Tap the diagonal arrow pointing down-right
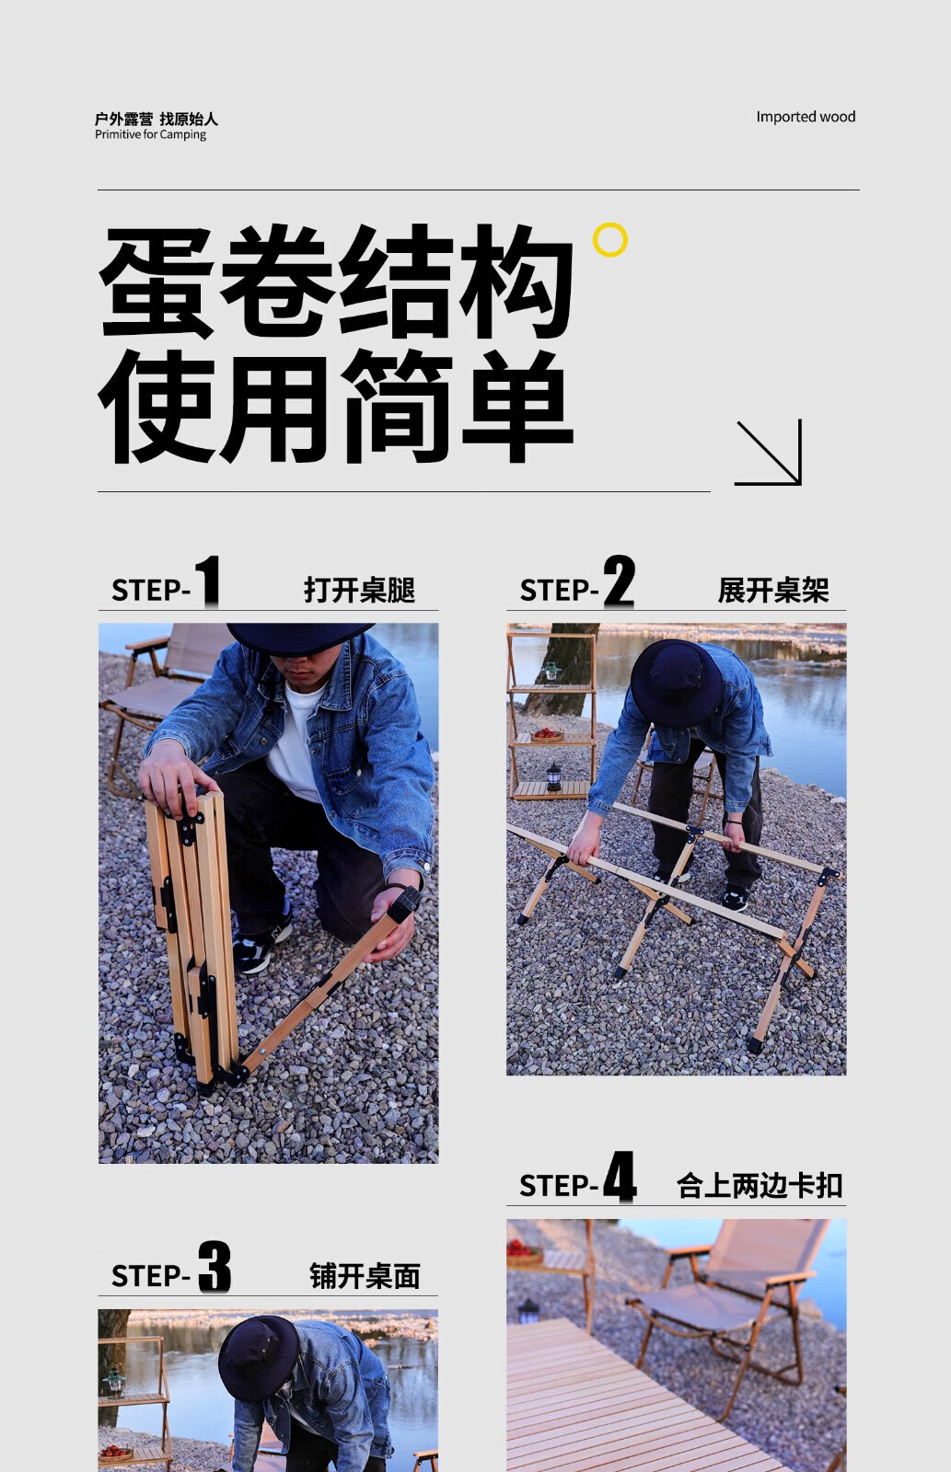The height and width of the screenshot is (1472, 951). click(x=768, y=453)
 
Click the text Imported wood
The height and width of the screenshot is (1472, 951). click(x=806, y=117)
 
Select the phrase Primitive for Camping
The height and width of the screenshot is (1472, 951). click(x=151, y=134)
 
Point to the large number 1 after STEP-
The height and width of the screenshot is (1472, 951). click(x=208, y=581)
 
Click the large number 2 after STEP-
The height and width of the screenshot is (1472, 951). click(x=619, y=581)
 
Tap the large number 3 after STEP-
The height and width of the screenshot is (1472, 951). click(x=215, y=1266)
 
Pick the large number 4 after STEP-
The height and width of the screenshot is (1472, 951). click(x=620, y=1177)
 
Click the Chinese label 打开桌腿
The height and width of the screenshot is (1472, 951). click(x=359, y=590)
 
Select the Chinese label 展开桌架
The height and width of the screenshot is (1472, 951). click(x=773, y=590)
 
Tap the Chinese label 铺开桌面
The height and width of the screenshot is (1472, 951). click(x=365, y=1276)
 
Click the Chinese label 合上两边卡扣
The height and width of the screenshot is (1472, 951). click(x=760, y=1186)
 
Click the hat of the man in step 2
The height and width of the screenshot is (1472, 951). click(x=675, y=683)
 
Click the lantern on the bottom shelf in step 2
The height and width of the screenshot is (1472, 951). click(x=554, y=776)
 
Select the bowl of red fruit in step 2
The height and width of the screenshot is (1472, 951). click(x=547, y=734)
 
